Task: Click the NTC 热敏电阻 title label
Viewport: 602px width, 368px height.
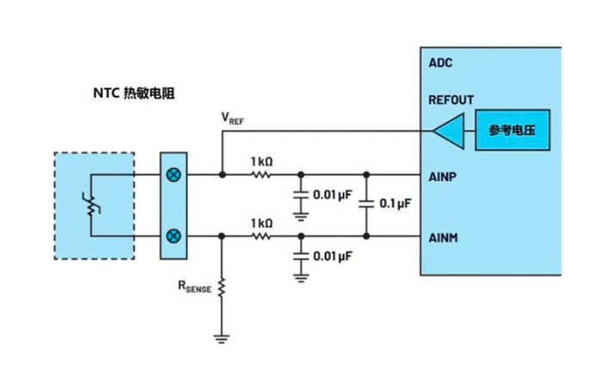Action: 133,92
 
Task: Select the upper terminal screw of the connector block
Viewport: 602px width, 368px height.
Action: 173,174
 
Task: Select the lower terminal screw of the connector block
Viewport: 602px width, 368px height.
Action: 173,235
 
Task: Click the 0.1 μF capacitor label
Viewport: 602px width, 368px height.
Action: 395,205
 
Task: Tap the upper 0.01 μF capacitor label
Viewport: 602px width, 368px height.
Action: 333,194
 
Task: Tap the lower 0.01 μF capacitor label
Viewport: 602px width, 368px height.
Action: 333,255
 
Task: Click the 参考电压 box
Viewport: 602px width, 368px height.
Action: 513,131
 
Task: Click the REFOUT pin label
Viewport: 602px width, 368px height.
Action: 451,100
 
